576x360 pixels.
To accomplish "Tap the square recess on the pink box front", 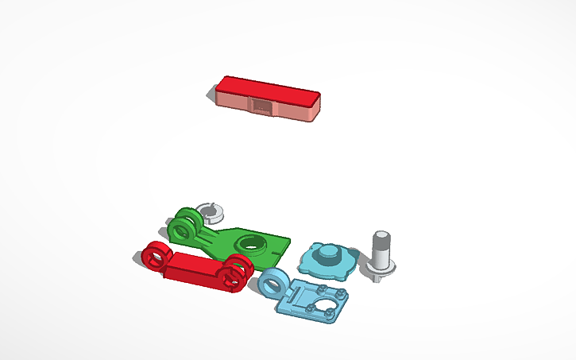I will pos(260,106).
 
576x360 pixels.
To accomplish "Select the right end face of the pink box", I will pos(317,108).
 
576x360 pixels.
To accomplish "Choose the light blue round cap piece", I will pos(324,259).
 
